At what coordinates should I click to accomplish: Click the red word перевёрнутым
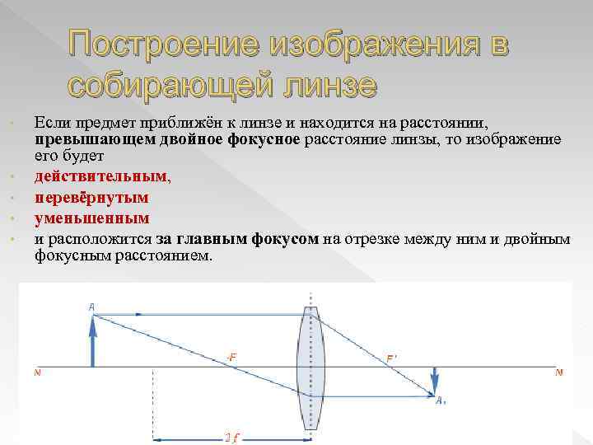91,197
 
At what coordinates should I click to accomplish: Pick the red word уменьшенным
91,218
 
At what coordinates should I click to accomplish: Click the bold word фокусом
287,240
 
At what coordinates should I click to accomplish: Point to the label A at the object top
91,307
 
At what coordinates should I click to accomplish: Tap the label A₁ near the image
441,400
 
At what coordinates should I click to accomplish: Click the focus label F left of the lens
232,358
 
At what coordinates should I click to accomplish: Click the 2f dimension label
232,438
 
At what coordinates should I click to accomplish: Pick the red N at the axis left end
36,372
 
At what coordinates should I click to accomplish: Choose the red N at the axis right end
558,372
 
